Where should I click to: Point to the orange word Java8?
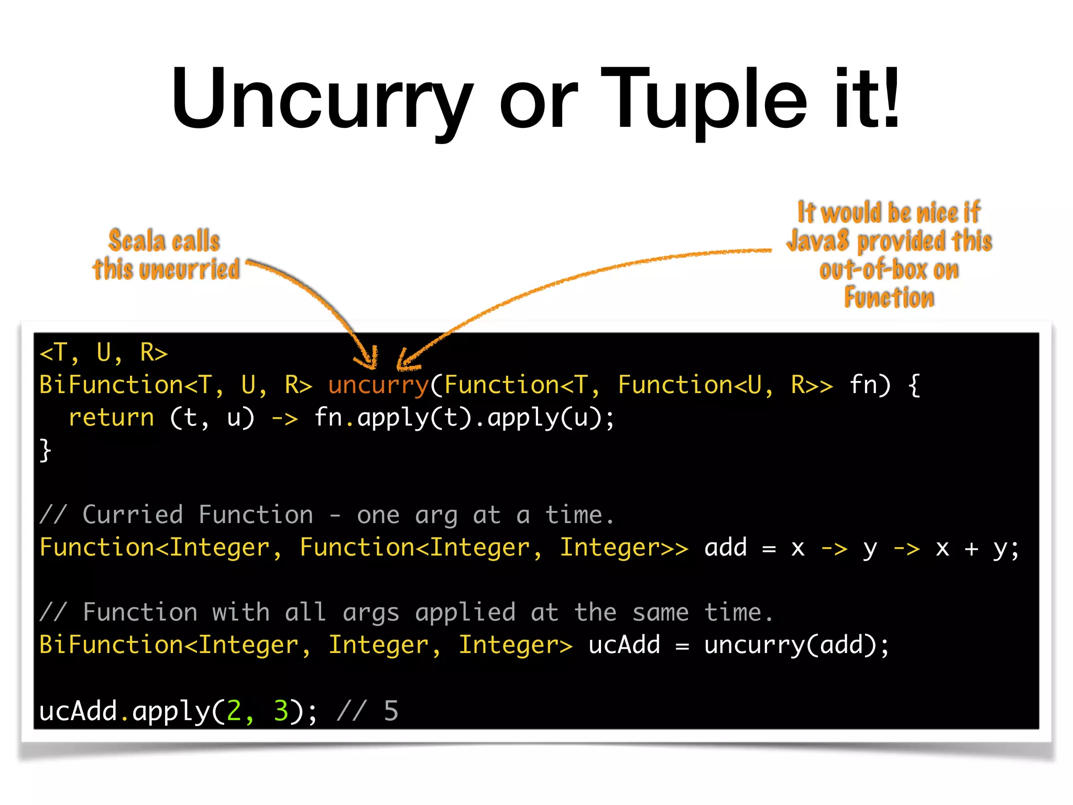(x=818, y=241)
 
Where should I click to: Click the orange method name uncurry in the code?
(x=378, y=385)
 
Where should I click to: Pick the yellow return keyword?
(x=111, y=418)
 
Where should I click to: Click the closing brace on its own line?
(x=46, y=450)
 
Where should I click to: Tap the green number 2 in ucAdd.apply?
(x=234, y=711)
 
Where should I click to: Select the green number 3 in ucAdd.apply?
(x=281, y=711)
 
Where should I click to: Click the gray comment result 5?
(x=391, y=711)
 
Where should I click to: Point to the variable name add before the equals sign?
(x=725, y=548)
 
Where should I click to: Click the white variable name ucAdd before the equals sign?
(x=624, y=645)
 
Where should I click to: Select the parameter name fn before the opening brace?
(x=863, y=385)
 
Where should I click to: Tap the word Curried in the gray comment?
(x=133, y=515)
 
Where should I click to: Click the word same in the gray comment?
(x=660, y=613)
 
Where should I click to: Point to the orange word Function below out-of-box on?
(x=889, y=298)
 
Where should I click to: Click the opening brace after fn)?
(x=914, y=385)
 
